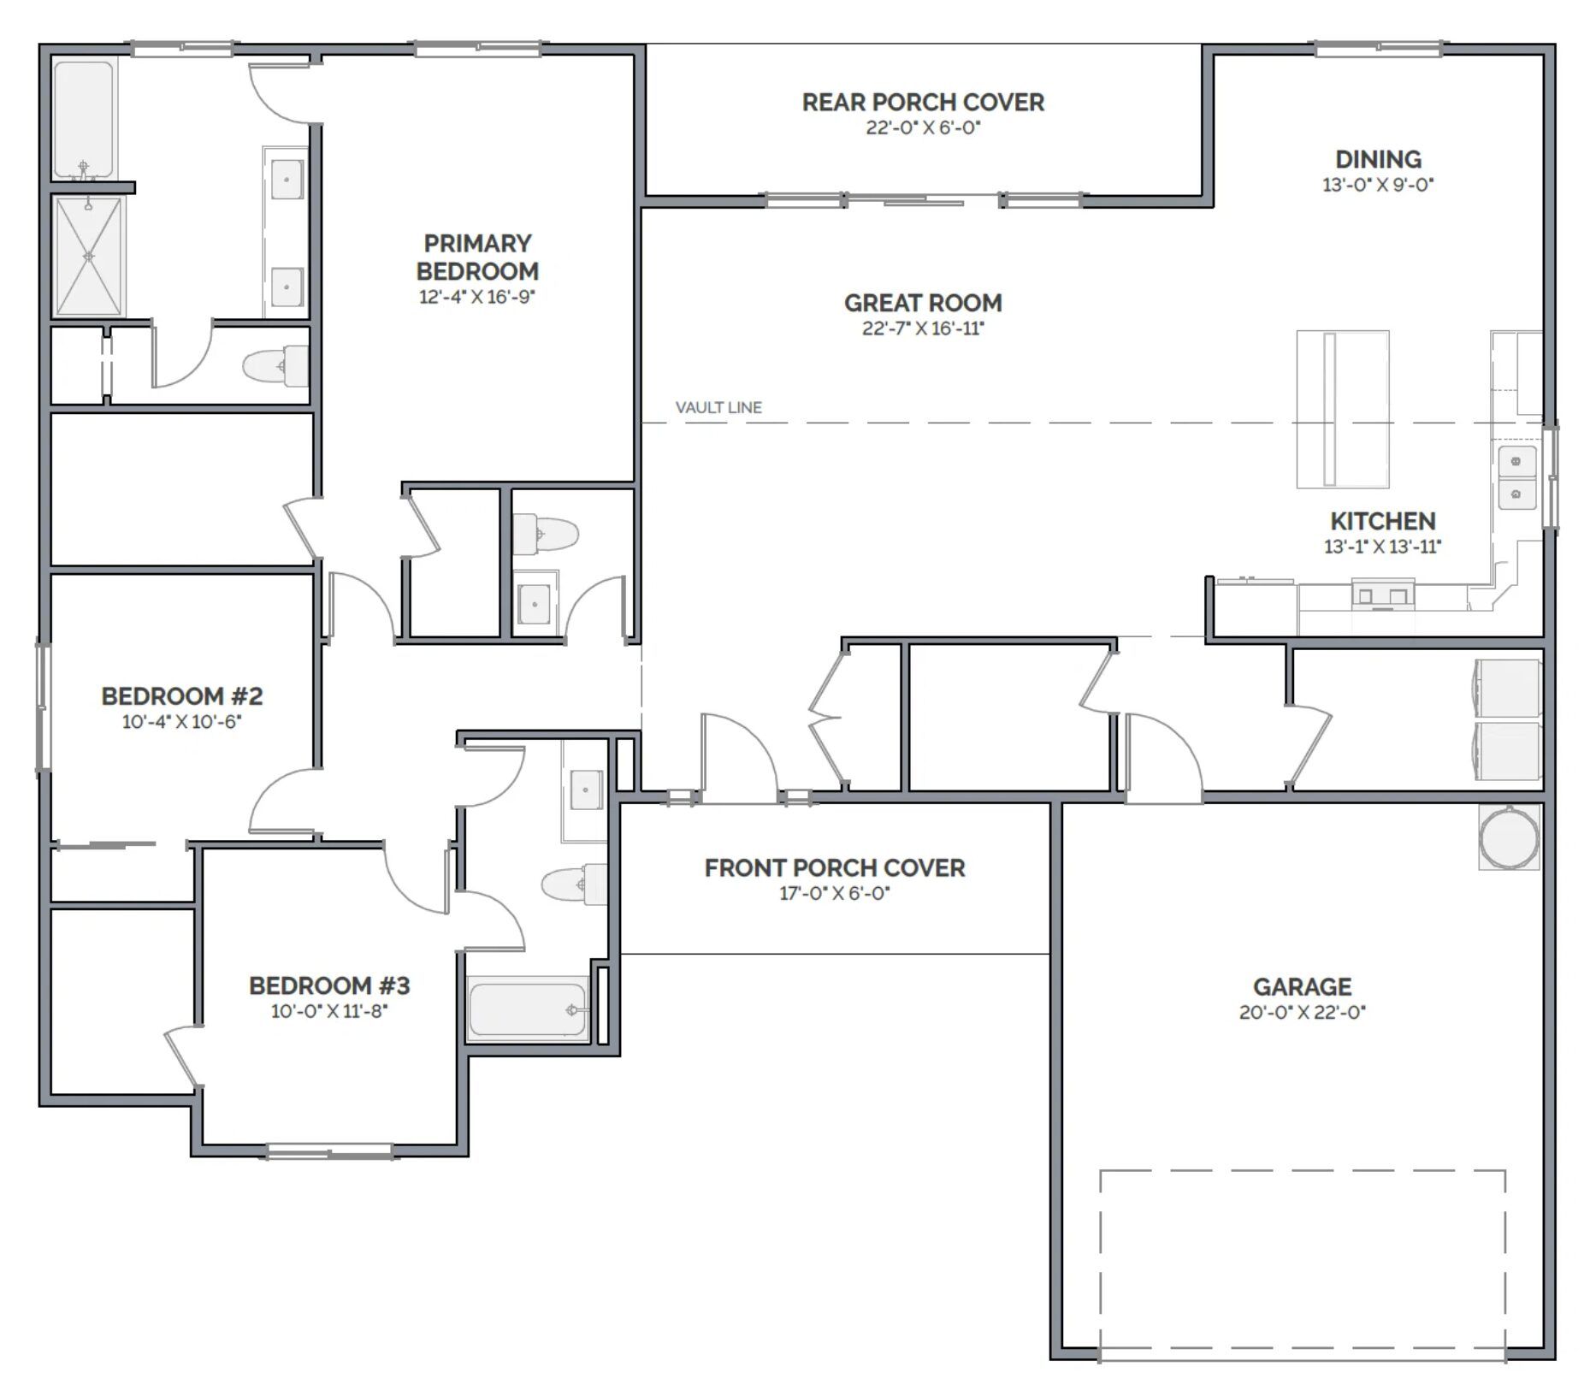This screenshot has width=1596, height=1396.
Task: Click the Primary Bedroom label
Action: point(477,257)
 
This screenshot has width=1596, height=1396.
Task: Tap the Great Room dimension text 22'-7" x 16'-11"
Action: point(923,328)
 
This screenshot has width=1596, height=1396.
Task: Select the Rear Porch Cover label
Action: point(923,102)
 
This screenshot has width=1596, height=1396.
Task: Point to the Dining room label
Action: point(1378,159)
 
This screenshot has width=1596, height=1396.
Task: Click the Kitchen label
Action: point(1382,521)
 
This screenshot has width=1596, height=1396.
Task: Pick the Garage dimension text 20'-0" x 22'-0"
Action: point(1302,1012)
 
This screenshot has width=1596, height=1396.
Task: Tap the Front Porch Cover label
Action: point(834,868)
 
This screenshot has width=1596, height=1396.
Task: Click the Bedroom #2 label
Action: point(181,696)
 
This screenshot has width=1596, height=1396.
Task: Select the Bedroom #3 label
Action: point(329,985)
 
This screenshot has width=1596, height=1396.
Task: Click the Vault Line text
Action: point(718,408)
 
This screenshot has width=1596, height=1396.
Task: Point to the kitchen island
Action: point(1342,409)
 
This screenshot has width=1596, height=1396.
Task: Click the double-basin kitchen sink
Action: point(1516,477)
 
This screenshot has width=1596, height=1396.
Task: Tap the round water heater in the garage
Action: point(1509,837)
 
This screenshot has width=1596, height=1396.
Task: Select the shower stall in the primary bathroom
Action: point(89,257)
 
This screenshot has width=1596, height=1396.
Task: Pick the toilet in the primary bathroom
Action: point(275,366)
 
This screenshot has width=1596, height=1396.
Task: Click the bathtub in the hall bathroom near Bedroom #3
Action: point(529,1009)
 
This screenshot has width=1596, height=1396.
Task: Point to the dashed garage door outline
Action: point(1302,1265)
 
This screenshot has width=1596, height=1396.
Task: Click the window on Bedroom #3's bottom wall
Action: point(329,1151)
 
